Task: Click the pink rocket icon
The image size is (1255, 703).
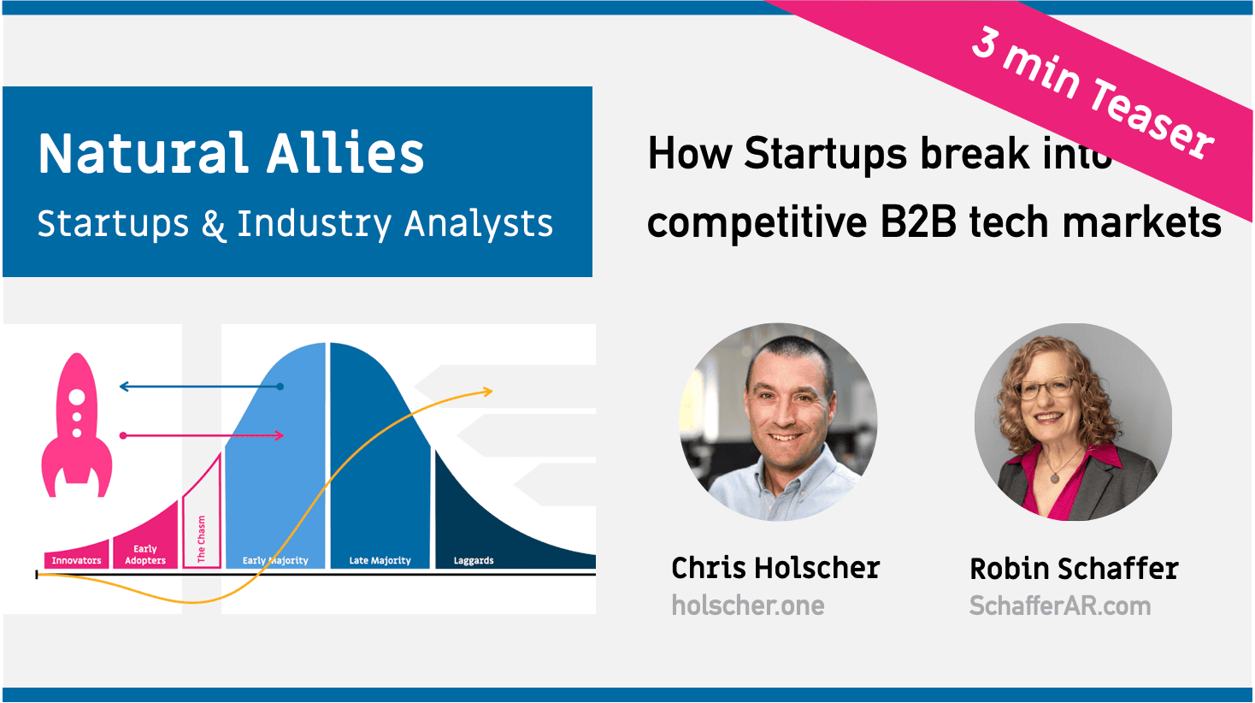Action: (77, 426)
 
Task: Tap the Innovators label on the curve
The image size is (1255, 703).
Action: (76, 561)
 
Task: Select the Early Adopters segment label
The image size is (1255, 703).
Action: (145, 554)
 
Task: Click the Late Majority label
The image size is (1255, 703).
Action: (380, 561)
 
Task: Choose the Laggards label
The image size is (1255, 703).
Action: (474, 561)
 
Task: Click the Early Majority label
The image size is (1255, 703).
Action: (275, 561)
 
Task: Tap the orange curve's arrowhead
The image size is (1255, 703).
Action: (488, 392)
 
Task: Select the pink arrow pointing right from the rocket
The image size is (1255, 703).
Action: (202, 435)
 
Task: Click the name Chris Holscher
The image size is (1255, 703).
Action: (775, 569)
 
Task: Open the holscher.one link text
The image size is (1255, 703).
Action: (748, 606)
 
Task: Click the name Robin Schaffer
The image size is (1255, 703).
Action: (1074, 569)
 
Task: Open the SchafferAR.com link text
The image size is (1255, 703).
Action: (1060, 606)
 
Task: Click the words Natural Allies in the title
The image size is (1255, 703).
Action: (231, 153)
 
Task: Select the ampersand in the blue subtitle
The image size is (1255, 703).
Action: (213, 225)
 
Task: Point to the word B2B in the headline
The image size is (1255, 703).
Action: (918, 222)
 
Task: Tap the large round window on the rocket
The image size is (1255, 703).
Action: (77, 397)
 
